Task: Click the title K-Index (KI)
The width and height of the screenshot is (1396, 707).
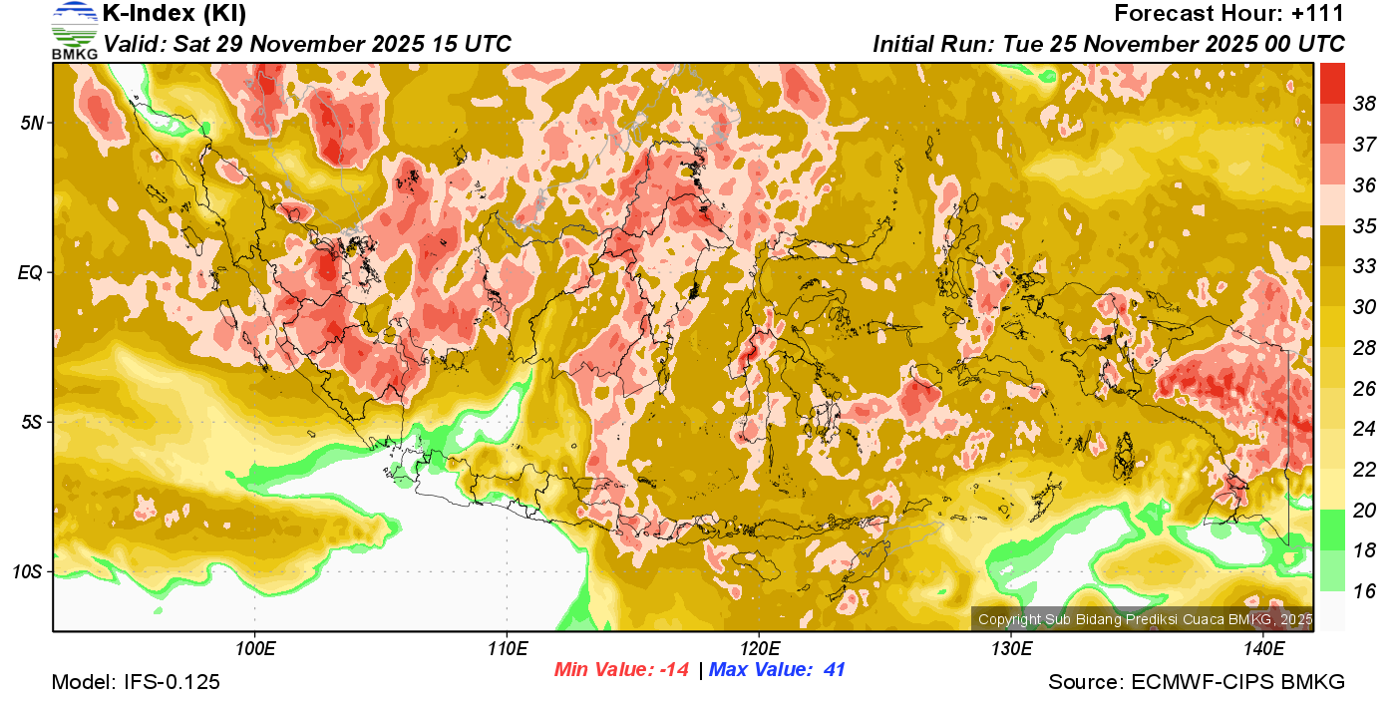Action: click(x=174, y=14)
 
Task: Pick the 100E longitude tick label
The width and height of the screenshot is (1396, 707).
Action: click(x=254, y=649)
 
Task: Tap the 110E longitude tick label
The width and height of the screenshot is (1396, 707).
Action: click(x=507, y=649)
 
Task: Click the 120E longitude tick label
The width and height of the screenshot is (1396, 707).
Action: click(x=759, y=649)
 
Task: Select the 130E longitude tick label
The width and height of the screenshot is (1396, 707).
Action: click(x=1011, y=649)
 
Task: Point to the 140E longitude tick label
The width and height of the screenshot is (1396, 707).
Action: click(x=1263, y=649)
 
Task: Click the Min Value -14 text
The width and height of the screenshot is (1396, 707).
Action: click(x=621, y=670)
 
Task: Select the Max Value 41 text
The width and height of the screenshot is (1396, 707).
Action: click(x=777, y=670)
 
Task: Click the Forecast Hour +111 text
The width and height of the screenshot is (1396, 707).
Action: click(x=1229, y=14)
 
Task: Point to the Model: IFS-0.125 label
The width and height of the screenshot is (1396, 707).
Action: click(x=136, y=683)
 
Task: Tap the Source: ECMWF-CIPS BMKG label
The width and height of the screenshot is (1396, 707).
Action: click(x=1197, y=683)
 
